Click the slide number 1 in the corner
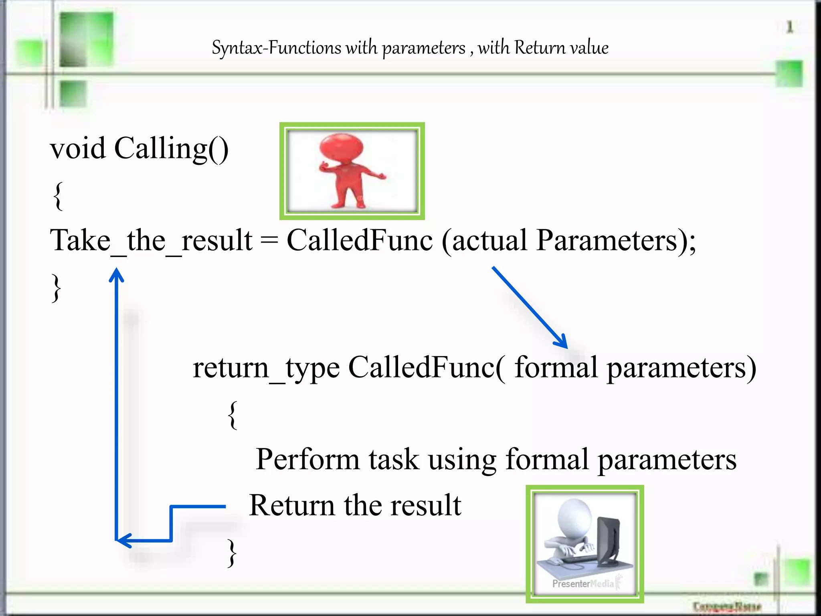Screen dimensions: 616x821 pos(789,27)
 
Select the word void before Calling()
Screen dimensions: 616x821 pos(78,148)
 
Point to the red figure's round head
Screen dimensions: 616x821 pos(342,147)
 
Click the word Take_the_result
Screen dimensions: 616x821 pos(151,241)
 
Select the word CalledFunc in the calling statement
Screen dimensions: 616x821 pos(360,241)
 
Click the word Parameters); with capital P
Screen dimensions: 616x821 pos(616,241)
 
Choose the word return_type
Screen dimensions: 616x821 pos(266,368)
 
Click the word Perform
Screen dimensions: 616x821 pos(307,460)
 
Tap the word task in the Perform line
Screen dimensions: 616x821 pos(394,460)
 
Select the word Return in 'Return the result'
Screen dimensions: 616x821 pos(291,505)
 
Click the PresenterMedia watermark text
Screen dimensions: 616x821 pos(582,584)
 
